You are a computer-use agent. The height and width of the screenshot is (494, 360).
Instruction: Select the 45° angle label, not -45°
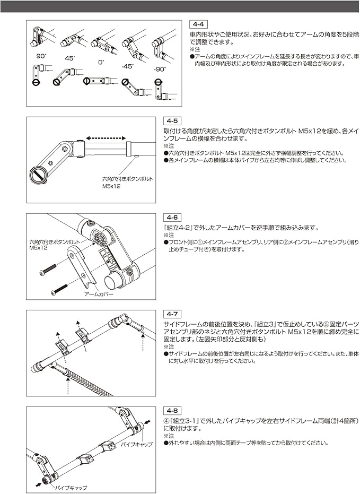[69, 58]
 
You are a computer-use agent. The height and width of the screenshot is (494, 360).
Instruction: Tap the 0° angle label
[101, 62]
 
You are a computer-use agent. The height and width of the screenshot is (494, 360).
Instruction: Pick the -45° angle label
[127, 66]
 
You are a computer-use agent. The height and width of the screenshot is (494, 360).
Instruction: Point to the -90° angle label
[160, 69]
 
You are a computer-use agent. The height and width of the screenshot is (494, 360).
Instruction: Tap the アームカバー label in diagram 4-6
[98, 293]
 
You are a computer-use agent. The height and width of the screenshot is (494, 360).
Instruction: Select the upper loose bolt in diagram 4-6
[48, 270]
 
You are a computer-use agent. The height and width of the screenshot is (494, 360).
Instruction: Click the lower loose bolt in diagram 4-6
[59, 290]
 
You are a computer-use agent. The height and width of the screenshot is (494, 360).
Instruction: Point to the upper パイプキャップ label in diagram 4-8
[137, 444]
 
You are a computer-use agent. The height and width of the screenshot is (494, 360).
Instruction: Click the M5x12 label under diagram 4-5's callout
[112, 187]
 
